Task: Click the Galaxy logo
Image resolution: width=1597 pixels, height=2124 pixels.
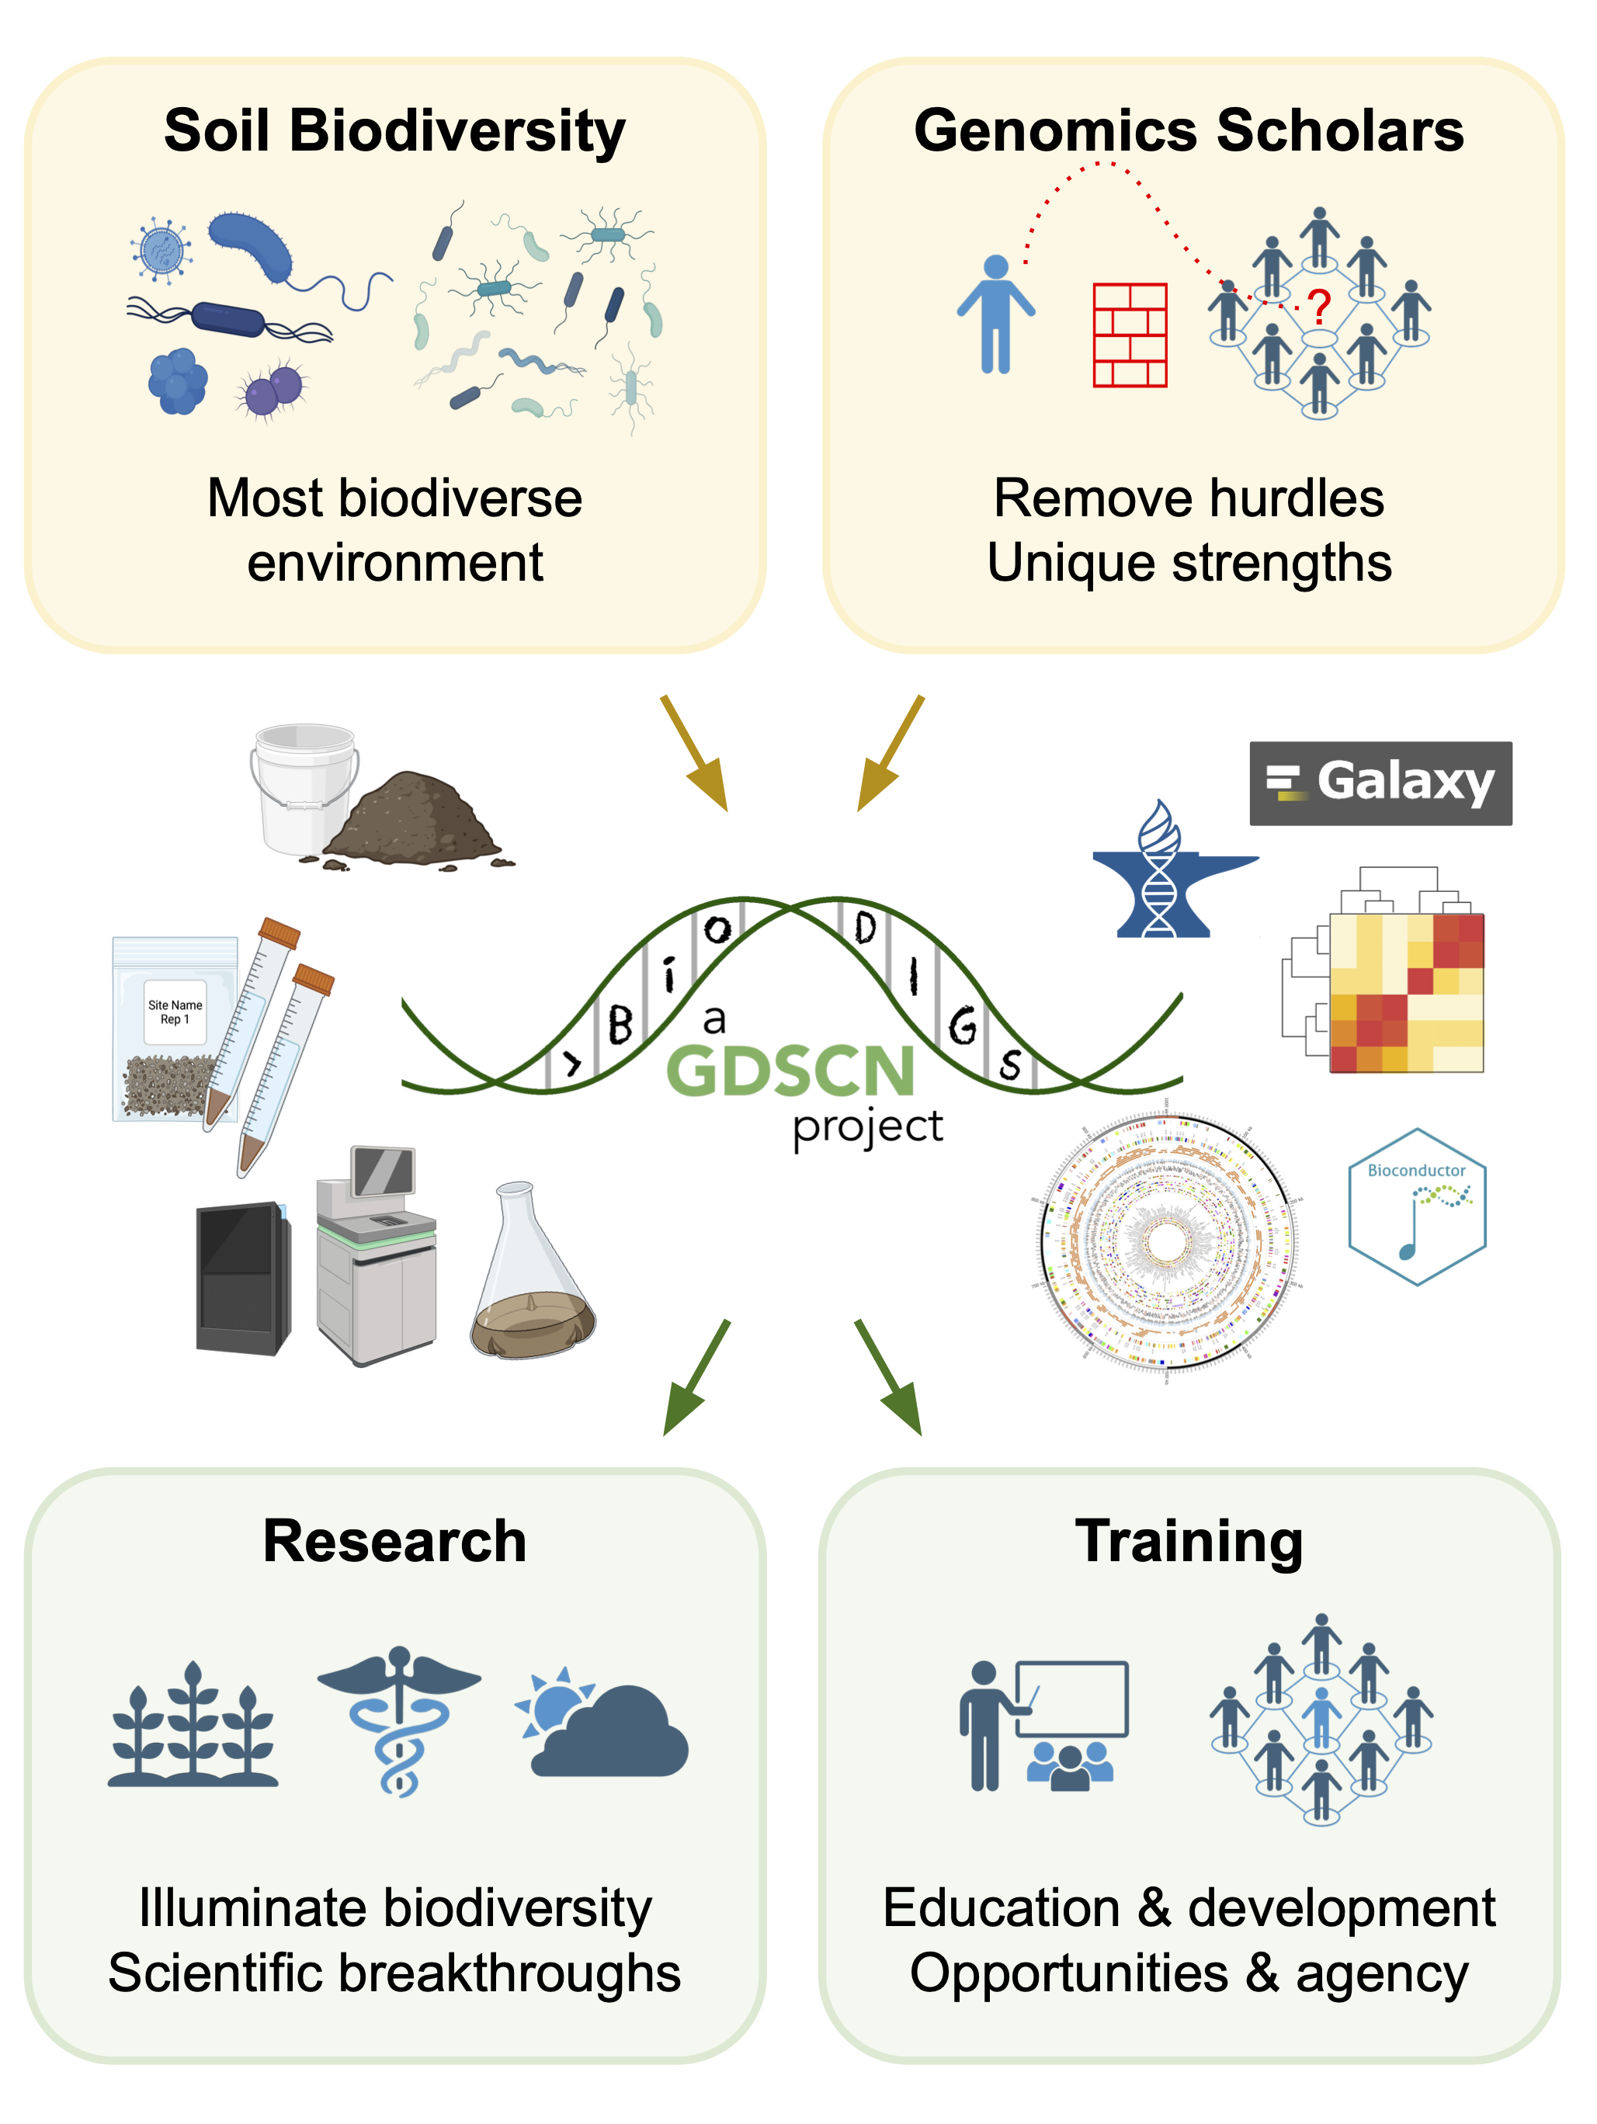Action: (x=1379, y=783)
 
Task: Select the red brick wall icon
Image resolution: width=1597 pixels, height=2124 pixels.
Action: (x=1130, y=335)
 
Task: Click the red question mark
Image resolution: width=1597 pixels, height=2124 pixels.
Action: (x=1321, y=307)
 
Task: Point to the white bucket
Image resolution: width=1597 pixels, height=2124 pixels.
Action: (x=304, y=787)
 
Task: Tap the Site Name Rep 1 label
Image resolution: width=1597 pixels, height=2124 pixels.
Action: (x=175, y=1011)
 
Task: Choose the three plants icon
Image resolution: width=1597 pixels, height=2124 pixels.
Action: (x=193, y=1726)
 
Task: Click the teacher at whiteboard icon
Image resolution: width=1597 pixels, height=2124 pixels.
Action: (x=1043, y=1726)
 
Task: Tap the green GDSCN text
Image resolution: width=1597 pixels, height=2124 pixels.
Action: (x=790, y=1071)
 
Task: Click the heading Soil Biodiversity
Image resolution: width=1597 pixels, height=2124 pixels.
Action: (x=394, y=130)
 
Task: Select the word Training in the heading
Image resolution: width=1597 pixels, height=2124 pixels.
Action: (x=1189, y=1541)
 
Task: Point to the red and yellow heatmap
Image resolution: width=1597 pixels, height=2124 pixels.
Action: (x=1405, y=992)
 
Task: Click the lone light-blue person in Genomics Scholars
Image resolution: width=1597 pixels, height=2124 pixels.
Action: (x=996, y=315)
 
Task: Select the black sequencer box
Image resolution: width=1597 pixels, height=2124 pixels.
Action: (x=244, y=1278)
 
